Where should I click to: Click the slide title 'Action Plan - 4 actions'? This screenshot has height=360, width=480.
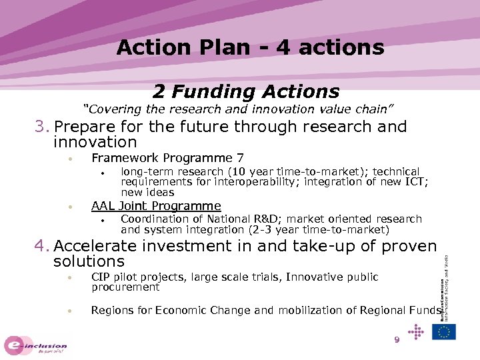pyautogui.click(x=250, y=47)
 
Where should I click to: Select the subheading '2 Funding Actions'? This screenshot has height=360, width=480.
pyautogui.click(x=246, y=91)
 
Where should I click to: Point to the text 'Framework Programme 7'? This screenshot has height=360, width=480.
pyautogui.click(x=167, y=158)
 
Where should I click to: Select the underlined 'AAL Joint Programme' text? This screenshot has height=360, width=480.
pyautogui.click(x=156, y=206)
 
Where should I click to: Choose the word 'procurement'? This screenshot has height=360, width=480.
pyautogui.click(x=125, y=287)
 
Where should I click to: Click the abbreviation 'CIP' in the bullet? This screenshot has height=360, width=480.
pyautogui.click(x=101, y=277)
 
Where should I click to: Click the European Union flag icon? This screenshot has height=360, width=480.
pyautogui.click(x=443, y=331)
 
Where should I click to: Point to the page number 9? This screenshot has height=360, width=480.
pyautogui.click(x=396, y=340)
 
